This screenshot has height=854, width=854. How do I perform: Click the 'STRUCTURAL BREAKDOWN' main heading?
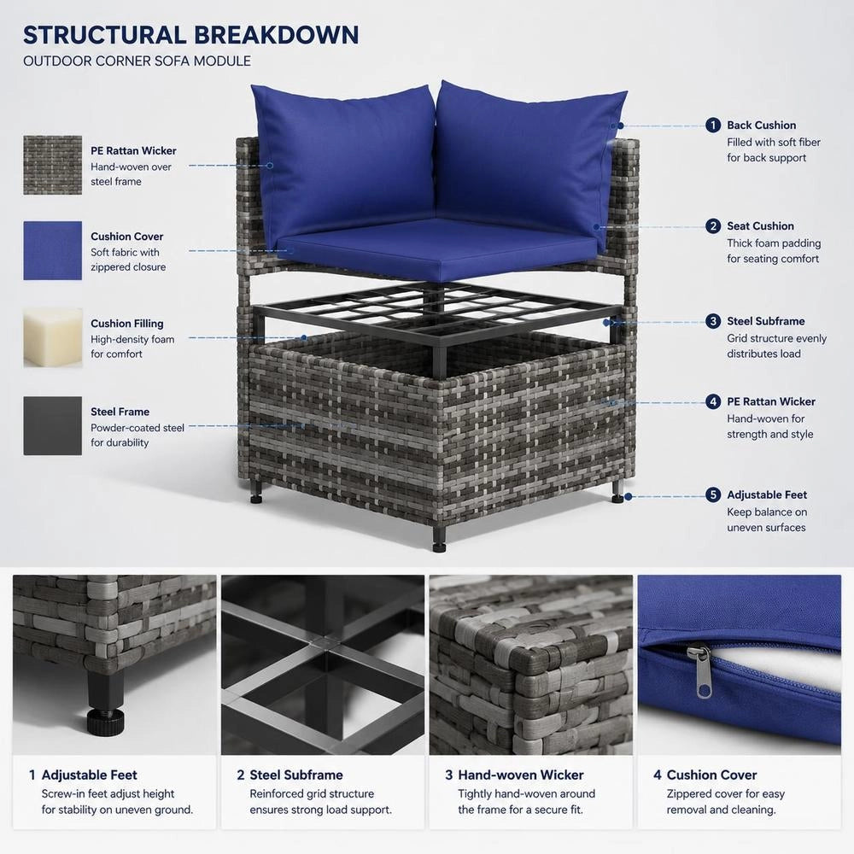click(191, 35)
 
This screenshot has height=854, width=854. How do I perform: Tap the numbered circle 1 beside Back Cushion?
click(713, 126)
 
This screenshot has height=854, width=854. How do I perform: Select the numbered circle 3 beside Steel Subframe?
click(713, 321)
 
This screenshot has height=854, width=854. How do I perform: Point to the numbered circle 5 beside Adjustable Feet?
click(713, 494)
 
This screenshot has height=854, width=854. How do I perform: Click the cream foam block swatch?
click(53, 338)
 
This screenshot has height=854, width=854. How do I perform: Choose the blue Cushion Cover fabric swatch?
click(53, 250)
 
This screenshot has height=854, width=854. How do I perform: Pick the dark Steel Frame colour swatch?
click(53, 426)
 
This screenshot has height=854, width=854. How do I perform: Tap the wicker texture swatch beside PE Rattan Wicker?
click(53, 165)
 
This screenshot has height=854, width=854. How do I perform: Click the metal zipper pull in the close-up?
click(703, 670)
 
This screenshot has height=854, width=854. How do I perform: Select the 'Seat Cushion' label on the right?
click(760, 226)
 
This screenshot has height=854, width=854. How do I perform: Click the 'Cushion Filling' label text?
click(127, 324)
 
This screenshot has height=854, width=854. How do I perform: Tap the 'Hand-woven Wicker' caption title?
click(521, 775)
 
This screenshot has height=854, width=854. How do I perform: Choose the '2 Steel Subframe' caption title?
click(290, 775)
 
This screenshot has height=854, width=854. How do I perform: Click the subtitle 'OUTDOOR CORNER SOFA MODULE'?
click(137, 61)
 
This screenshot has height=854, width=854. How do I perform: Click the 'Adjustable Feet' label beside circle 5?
click(767, 495)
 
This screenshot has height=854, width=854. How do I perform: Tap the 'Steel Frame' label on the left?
click(120, 412)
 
